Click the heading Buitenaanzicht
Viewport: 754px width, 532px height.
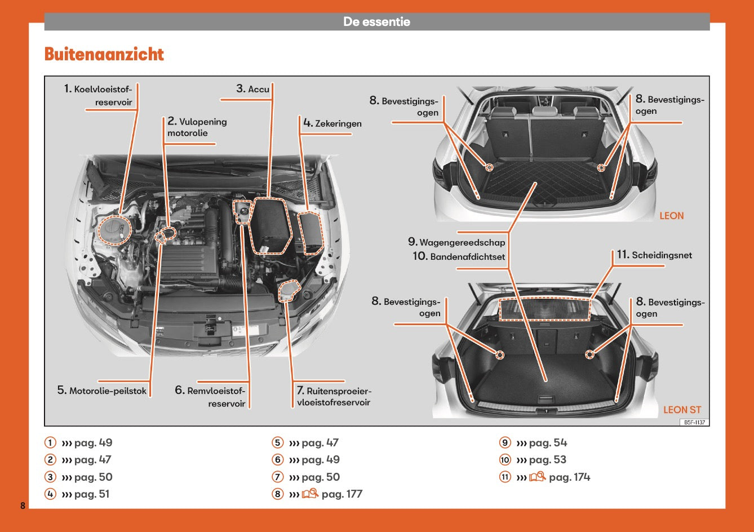(104, 55)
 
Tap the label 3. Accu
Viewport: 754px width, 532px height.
(253, 89)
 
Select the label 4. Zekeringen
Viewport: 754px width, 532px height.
(332, 123)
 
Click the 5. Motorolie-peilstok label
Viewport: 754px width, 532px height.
(102, 391)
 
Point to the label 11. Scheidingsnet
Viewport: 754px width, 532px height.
(654, 255)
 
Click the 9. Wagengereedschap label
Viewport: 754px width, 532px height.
(456, 242)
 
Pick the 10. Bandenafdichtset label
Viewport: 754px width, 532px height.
(459, 257)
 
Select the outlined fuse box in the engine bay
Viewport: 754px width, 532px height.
(308, 232)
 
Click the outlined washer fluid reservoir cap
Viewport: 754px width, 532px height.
(290, 291)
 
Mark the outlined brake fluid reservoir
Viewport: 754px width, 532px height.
(243, 211)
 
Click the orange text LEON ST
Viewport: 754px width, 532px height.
(682, 410)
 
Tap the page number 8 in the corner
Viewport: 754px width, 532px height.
(23, 505)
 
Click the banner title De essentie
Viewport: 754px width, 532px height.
(376, 22)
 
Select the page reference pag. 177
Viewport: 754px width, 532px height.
(342, 494)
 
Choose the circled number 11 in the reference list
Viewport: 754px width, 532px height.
(505, 477)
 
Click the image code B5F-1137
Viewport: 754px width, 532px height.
(694, 422)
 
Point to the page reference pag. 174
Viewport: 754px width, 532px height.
(569, 477)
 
